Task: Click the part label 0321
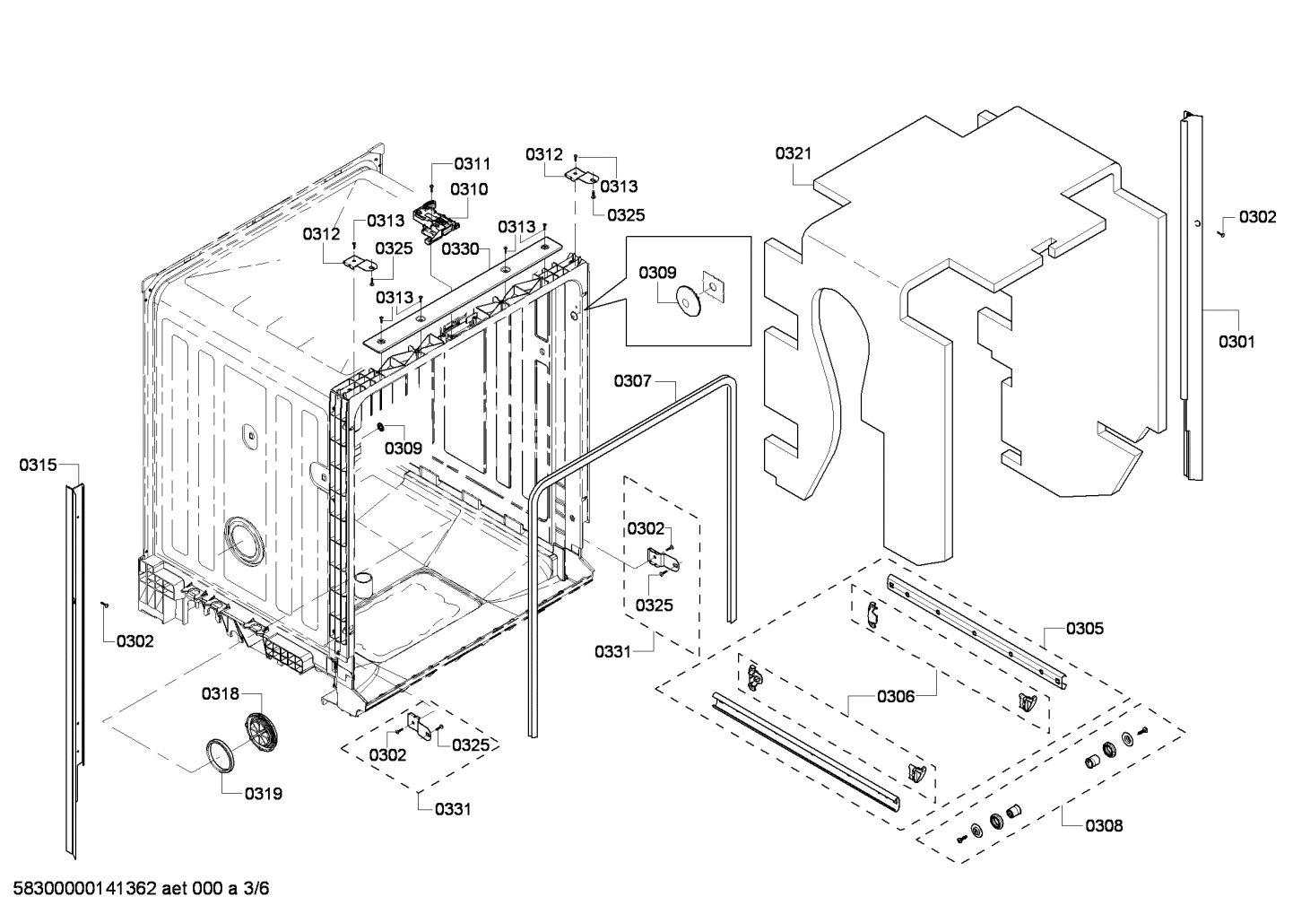tap(793, 153)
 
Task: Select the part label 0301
tap(1237, 341)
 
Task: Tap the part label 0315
tap(37, 465)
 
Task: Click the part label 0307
tap(632, 381)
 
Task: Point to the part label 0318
tap(220, 693)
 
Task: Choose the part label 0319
tap(264, 793)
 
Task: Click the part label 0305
tap(1085, 628)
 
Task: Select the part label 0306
tap(896, 696)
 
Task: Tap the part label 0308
tap(1103, 825)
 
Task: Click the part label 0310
tap(468, 188)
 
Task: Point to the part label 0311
tap(472, 163)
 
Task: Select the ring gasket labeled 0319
tap(220, 754)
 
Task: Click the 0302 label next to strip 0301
tap(1257, 217)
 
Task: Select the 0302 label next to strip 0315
tap(135, 641)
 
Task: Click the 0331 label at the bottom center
tap(453, 809)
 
